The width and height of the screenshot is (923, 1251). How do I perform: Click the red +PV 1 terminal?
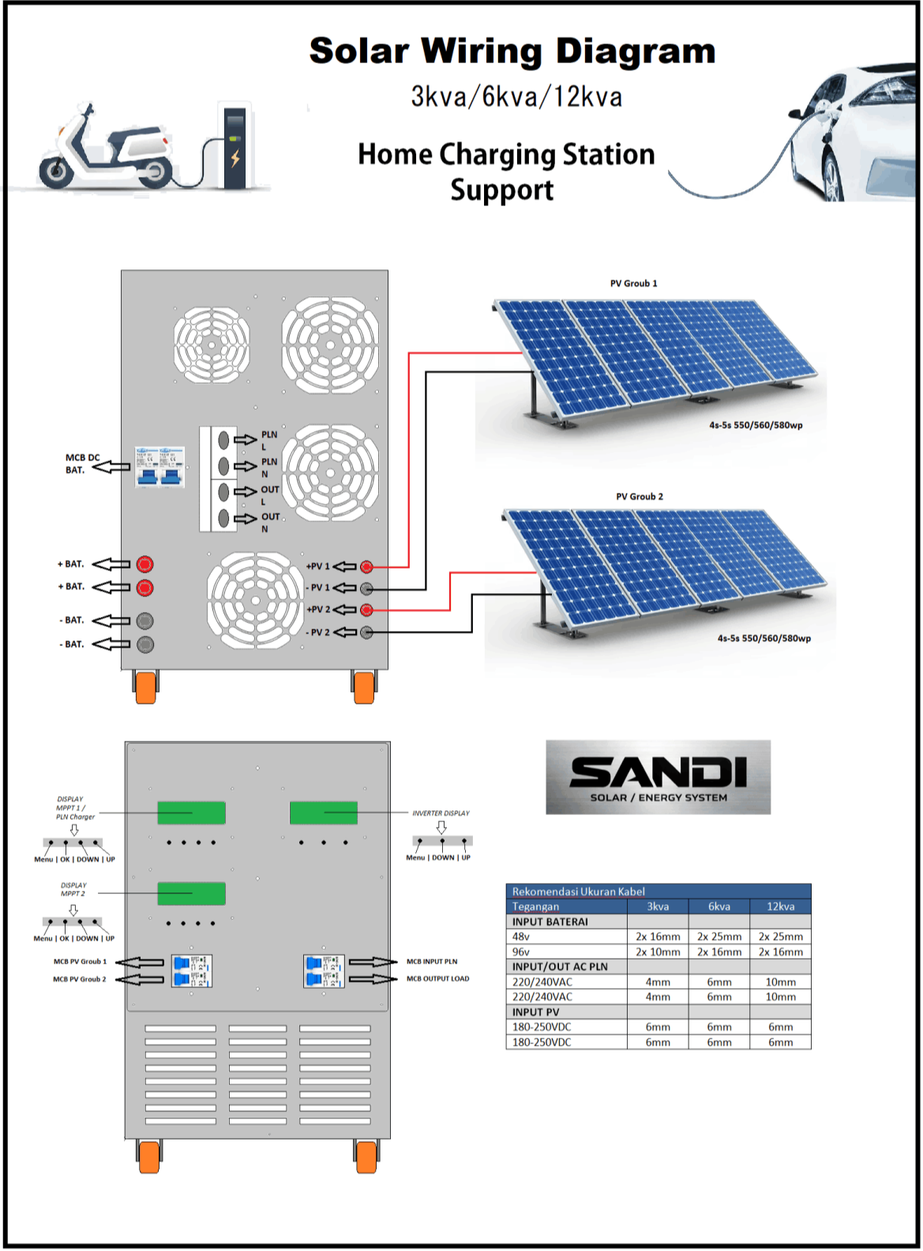point(366,567)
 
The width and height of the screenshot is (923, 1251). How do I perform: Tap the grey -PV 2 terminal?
point(366,633)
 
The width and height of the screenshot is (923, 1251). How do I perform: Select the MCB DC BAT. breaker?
point(159,466)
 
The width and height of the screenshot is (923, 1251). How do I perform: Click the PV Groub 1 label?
point(633,284)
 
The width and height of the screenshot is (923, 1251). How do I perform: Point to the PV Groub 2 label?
point(640,497)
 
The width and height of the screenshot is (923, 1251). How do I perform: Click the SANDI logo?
point(658,777)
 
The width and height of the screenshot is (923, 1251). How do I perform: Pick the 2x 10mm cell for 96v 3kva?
point(658,952)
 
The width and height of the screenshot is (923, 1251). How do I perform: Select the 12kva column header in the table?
point(780,907)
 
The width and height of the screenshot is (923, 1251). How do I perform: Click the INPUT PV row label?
point(536,1012)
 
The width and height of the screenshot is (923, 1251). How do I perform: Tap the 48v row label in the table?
point(521,937)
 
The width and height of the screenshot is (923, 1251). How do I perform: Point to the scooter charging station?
point(235,148)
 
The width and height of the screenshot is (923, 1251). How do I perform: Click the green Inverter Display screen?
point(324,813)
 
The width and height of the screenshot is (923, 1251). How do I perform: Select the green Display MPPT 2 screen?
point(191,893)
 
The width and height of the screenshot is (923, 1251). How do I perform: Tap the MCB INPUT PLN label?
point(432,962)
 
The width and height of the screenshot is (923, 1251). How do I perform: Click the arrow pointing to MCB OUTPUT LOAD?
point(373,979)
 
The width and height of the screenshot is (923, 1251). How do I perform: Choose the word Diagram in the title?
point(636,52)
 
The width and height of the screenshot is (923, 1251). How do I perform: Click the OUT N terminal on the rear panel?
point(223,518)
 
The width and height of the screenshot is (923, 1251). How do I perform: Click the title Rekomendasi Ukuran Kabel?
point(579,892)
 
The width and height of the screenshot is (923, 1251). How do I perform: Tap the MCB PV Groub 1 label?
point(80,962)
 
